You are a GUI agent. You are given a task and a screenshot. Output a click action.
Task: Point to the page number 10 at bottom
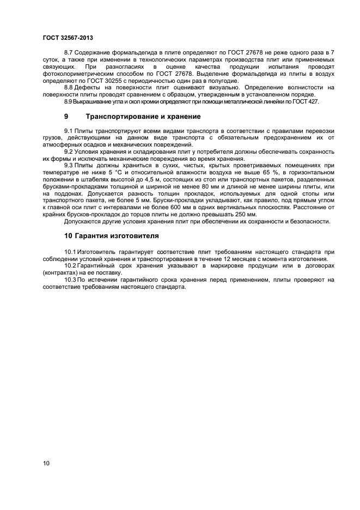point(46,463)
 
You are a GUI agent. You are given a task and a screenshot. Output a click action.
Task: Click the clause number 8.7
point(68,52)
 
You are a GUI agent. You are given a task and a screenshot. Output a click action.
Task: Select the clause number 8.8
point(68,87)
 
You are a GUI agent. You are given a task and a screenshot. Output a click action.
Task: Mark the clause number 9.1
point(68,131)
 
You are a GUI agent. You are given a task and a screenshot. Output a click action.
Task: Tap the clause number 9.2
point(68,151)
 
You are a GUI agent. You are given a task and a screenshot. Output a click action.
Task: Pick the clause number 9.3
point(68,165)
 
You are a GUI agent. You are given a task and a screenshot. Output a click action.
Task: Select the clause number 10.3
point(70,279)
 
